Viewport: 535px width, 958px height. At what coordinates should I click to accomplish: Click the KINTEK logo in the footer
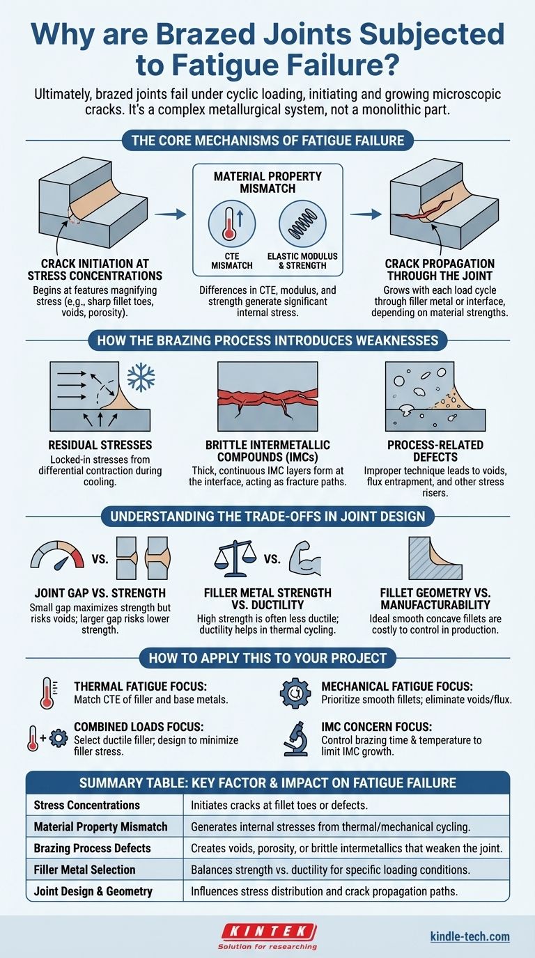coord(268,936)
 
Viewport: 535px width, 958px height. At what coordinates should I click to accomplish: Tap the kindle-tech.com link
coord(470,936)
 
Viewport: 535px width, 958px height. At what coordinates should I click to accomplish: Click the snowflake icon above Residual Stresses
coord(141,377)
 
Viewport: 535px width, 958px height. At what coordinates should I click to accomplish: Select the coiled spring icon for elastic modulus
coord(302,223)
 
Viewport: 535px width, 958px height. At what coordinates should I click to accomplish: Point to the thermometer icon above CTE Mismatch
coord(232,223)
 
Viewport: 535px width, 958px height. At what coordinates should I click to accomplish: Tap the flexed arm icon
coord(304,558)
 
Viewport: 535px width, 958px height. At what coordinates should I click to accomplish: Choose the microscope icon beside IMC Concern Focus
coord(295,739)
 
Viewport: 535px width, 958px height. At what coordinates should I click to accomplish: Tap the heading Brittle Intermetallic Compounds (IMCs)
coord(267,450)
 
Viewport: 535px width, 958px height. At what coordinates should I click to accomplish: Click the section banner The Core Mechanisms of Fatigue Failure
coord(268,140)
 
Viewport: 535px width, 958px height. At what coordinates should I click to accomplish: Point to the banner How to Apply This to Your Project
coord(268,658)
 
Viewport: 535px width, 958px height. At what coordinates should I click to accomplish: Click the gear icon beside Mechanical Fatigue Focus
coord(295,693)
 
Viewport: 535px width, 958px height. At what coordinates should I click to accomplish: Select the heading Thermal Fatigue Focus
coord(141,686)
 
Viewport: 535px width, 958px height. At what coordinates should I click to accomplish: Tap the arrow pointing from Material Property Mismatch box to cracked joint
coord(366,214)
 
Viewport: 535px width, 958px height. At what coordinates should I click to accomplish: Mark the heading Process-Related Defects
coord(435,450)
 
